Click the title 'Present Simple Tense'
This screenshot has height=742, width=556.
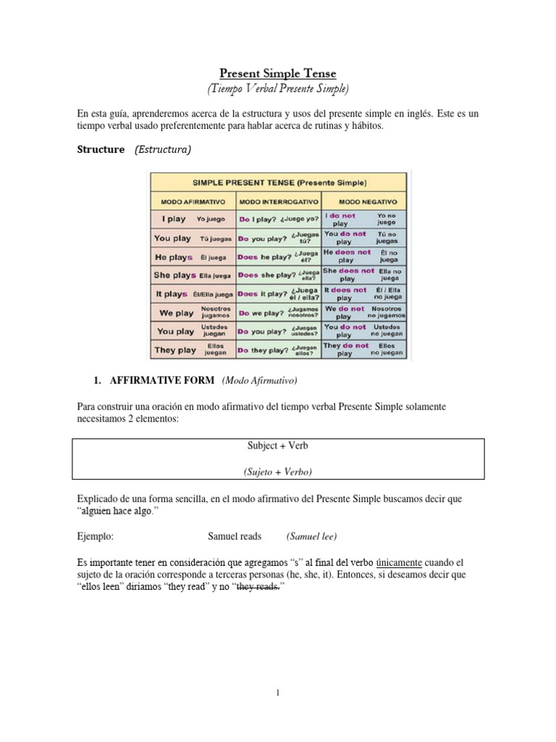coord(278,73)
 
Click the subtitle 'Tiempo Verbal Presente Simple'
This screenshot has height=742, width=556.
coord(278,88)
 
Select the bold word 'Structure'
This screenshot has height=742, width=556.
coord(101,149)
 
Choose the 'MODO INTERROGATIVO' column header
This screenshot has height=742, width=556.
coord(277,200)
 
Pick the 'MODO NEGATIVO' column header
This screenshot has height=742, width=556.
coord(364,200)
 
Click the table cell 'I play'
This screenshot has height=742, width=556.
coord(169,219)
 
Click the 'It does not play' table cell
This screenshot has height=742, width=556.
coord(346,293)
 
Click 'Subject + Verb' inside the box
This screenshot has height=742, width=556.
coord(278,446)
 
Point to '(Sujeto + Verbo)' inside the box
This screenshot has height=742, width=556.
coord(278,472)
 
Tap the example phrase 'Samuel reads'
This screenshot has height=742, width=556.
coord(235,537)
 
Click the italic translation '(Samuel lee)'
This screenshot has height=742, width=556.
coord(311,537)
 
